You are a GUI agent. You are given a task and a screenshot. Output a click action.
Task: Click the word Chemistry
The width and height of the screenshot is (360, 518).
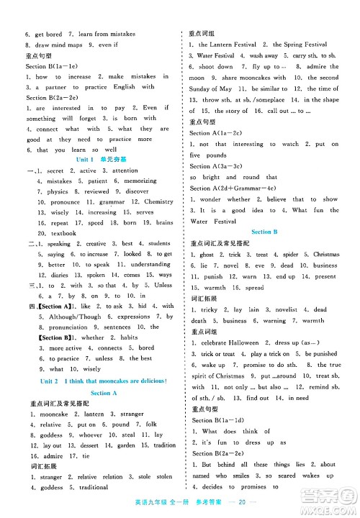[159, 202]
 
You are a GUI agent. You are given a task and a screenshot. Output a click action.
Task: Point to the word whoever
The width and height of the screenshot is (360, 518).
[89, 435]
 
